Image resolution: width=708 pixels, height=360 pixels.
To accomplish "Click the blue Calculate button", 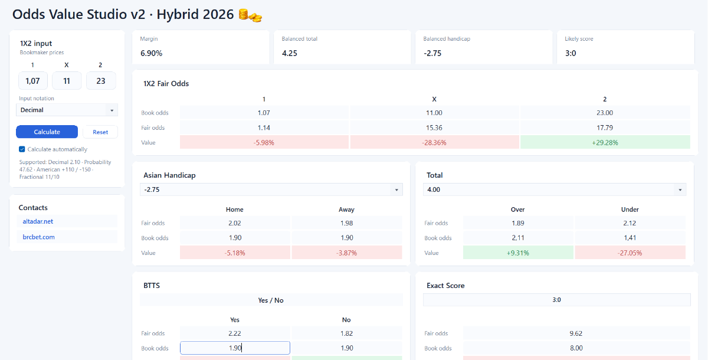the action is pos(47,132).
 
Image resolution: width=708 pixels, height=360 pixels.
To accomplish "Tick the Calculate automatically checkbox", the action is pos(22,149).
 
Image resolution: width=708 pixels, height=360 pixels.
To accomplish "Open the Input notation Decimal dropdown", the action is pos(67,110).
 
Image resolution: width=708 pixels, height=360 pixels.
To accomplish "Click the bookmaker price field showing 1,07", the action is pos(33,81).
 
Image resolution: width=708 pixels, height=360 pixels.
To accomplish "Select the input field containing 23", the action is pos(101,81).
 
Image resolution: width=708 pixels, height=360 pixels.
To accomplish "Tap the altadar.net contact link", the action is pos(38,221).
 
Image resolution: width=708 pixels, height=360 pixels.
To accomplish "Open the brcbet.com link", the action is pos(38,237).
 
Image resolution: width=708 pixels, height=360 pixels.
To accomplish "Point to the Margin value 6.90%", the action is pos(152,53).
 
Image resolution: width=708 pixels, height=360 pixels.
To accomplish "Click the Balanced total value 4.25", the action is pos(290,53).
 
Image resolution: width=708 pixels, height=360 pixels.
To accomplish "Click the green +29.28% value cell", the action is pos(605,143).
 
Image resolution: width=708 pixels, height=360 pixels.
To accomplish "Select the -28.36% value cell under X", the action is pos(434,143).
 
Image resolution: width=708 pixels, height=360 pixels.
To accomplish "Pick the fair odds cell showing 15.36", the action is pos(434,127).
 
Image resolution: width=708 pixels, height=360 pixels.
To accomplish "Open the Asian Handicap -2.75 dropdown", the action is pos(271,189).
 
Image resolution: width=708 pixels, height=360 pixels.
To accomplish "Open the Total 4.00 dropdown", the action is pos(555,189).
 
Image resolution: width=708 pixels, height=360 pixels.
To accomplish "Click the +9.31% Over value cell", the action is pos(518,253).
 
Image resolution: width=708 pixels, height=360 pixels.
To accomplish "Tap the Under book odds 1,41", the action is pos(630,238).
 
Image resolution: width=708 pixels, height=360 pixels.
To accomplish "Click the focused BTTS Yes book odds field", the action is pos(235,348).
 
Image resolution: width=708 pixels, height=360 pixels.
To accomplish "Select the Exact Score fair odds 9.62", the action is pos(576,333).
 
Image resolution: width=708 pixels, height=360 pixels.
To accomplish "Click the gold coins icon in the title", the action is pos(250,15).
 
